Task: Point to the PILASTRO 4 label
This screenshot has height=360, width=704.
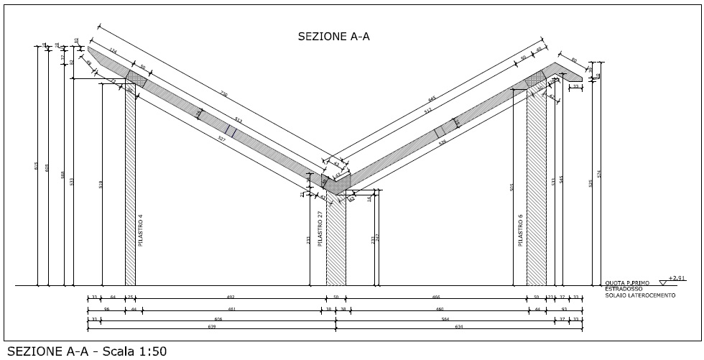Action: [141, 230]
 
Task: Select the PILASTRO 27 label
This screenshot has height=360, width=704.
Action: [320, 227]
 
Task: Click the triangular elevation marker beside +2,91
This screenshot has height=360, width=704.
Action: [662, 277]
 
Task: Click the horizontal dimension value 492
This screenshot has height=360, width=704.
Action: [231, 297]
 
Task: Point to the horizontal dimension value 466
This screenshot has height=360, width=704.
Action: [435, 297]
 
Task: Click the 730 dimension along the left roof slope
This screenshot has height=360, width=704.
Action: [223, 94]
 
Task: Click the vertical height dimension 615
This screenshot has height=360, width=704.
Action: [37, 166]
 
